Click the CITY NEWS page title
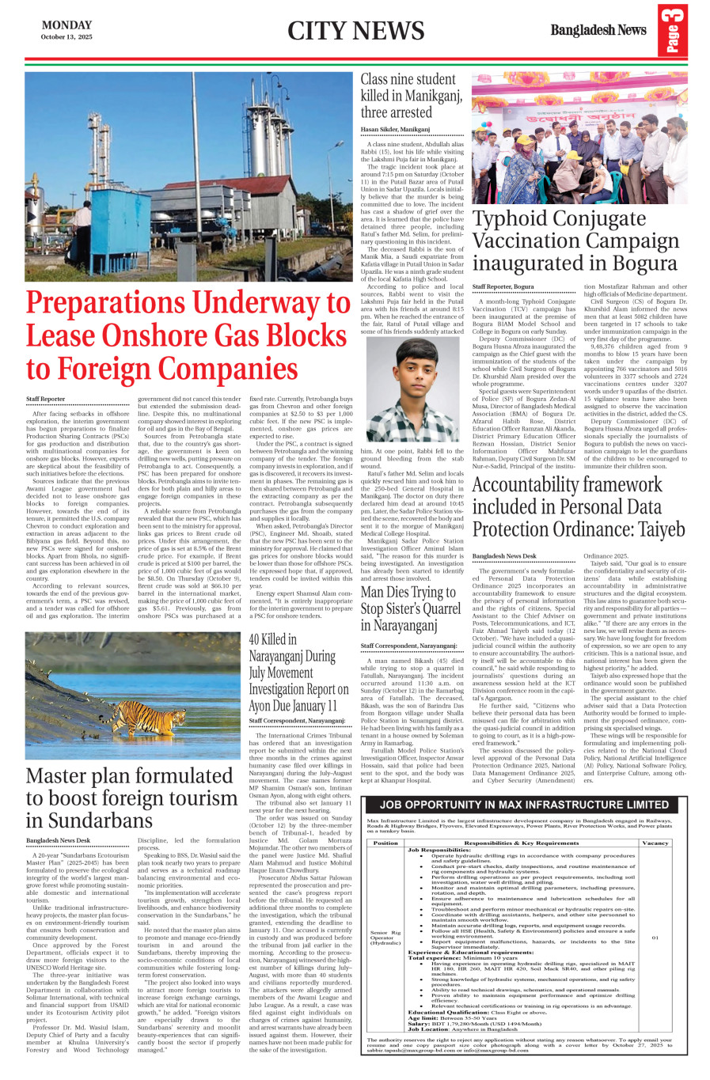pyautogui.click(x=355, y=31)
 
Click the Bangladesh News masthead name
pyautogui.click(x=598, y=30)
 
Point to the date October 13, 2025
pyautogui.click(x=66, y=37)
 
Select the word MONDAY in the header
pyautogui.click(x=66, y=25)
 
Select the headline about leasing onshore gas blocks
pyautogui.click(x=188, y=336)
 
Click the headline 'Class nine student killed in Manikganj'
pyautogui.click(x=412, y=95)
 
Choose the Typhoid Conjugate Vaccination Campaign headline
pyautogui.click(x=575, y=241)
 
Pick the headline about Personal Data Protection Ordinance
pyautogui.click(x=578, y=506)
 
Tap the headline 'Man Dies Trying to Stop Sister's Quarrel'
pyautogui.click(x=408, y=608)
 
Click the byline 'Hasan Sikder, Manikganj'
pyautogui.click(x=395, y=129)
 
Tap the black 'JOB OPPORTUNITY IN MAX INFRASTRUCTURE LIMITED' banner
pyautogui.click(x=523, y=805)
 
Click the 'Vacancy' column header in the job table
pyautogui.click(x=655, y=843)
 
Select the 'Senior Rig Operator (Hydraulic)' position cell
pyautogui.click(x=385, y=938)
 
